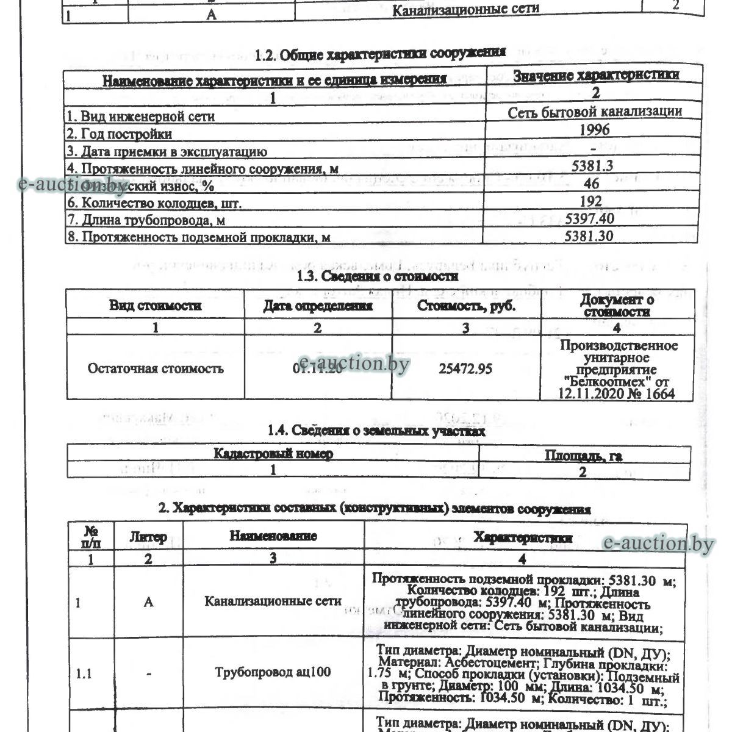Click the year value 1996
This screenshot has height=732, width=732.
click(595, 129)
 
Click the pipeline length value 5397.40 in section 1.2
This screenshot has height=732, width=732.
click(589, 218)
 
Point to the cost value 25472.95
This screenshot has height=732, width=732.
click(465, 369)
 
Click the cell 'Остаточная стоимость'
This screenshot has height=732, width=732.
click(156, 368)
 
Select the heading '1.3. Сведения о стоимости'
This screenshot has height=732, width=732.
click(377, 276)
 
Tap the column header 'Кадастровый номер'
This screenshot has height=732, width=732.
click(273, 454)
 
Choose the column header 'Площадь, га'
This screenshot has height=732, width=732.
click(583, 456)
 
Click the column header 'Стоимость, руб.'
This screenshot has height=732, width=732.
click(466, 306)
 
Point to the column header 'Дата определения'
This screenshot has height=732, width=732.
click(318, 306)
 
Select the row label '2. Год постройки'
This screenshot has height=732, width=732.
click(119, 134)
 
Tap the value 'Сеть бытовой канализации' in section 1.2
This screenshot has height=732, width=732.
click(595, 112)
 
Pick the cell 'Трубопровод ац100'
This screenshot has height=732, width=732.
click(273, 673)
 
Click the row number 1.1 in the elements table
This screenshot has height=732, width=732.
click(84, 674)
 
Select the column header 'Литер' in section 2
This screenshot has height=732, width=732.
click(148, 537)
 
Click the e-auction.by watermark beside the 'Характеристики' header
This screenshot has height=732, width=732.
click(658, 544)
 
